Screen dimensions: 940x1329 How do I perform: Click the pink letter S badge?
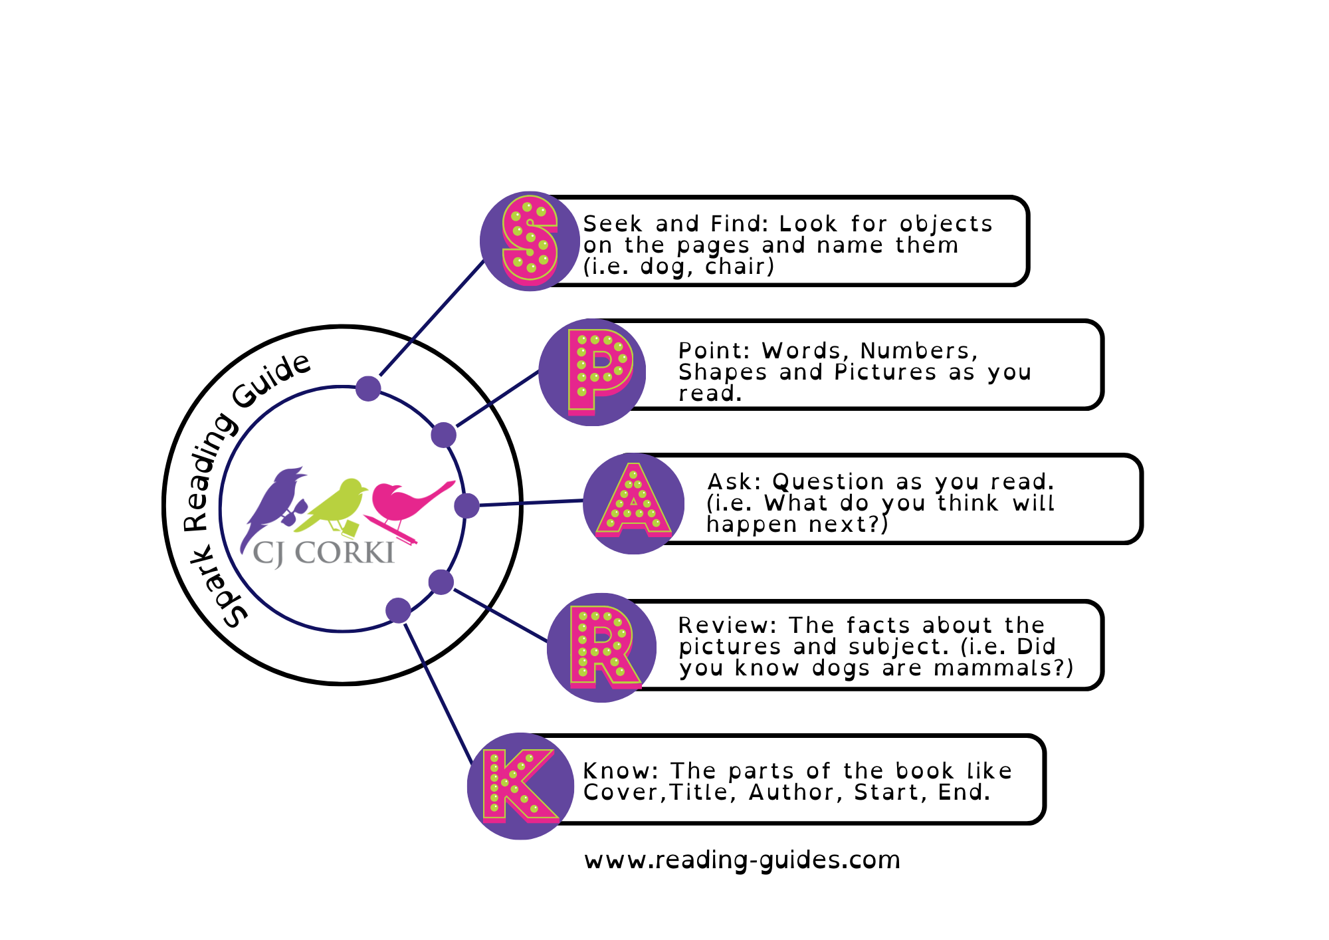click(x=530, y=241)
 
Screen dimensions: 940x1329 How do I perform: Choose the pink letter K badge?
click(x=519, y=786)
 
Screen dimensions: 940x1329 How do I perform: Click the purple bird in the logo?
click(x=274, y=502)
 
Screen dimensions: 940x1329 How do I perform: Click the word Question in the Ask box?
click(x=828, y=481)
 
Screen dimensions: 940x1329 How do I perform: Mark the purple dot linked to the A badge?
click(x=466, y=506)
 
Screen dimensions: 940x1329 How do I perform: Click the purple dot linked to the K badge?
click(x=398, y=610)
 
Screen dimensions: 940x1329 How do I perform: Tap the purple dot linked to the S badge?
click(x=368, y=388)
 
